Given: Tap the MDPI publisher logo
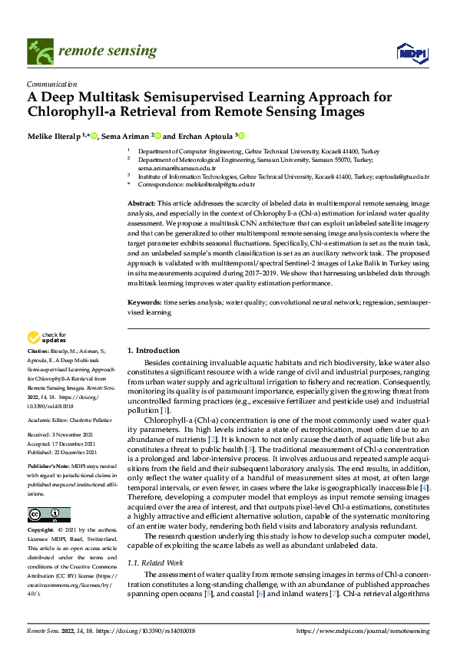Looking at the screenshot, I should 410,51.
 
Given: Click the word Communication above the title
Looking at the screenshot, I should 51,84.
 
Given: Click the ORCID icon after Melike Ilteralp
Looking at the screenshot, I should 94,136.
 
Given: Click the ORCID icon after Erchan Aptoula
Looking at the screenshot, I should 240,136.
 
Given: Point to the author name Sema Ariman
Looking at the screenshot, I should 129,136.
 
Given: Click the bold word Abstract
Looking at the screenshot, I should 142,201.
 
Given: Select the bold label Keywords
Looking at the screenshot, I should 144,304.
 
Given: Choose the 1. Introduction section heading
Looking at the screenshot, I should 153,350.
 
